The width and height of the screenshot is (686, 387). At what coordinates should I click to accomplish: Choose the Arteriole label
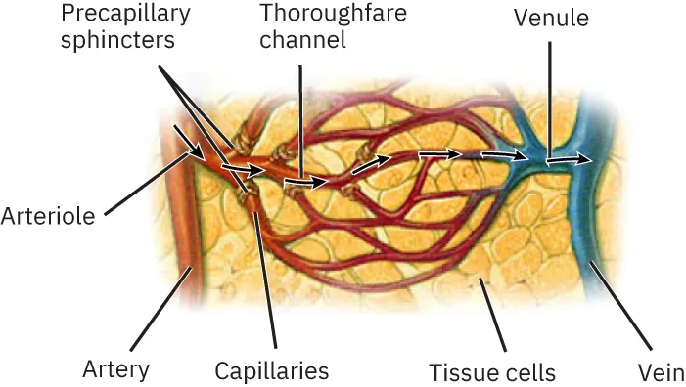point(48,215)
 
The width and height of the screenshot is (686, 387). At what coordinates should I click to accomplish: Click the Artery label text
point(116,369)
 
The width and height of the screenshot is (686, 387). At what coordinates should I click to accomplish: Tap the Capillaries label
point(271,370)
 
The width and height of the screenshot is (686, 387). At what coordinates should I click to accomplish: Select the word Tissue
point(459,371)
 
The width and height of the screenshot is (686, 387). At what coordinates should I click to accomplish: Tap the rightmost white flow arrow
point(570,158)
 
